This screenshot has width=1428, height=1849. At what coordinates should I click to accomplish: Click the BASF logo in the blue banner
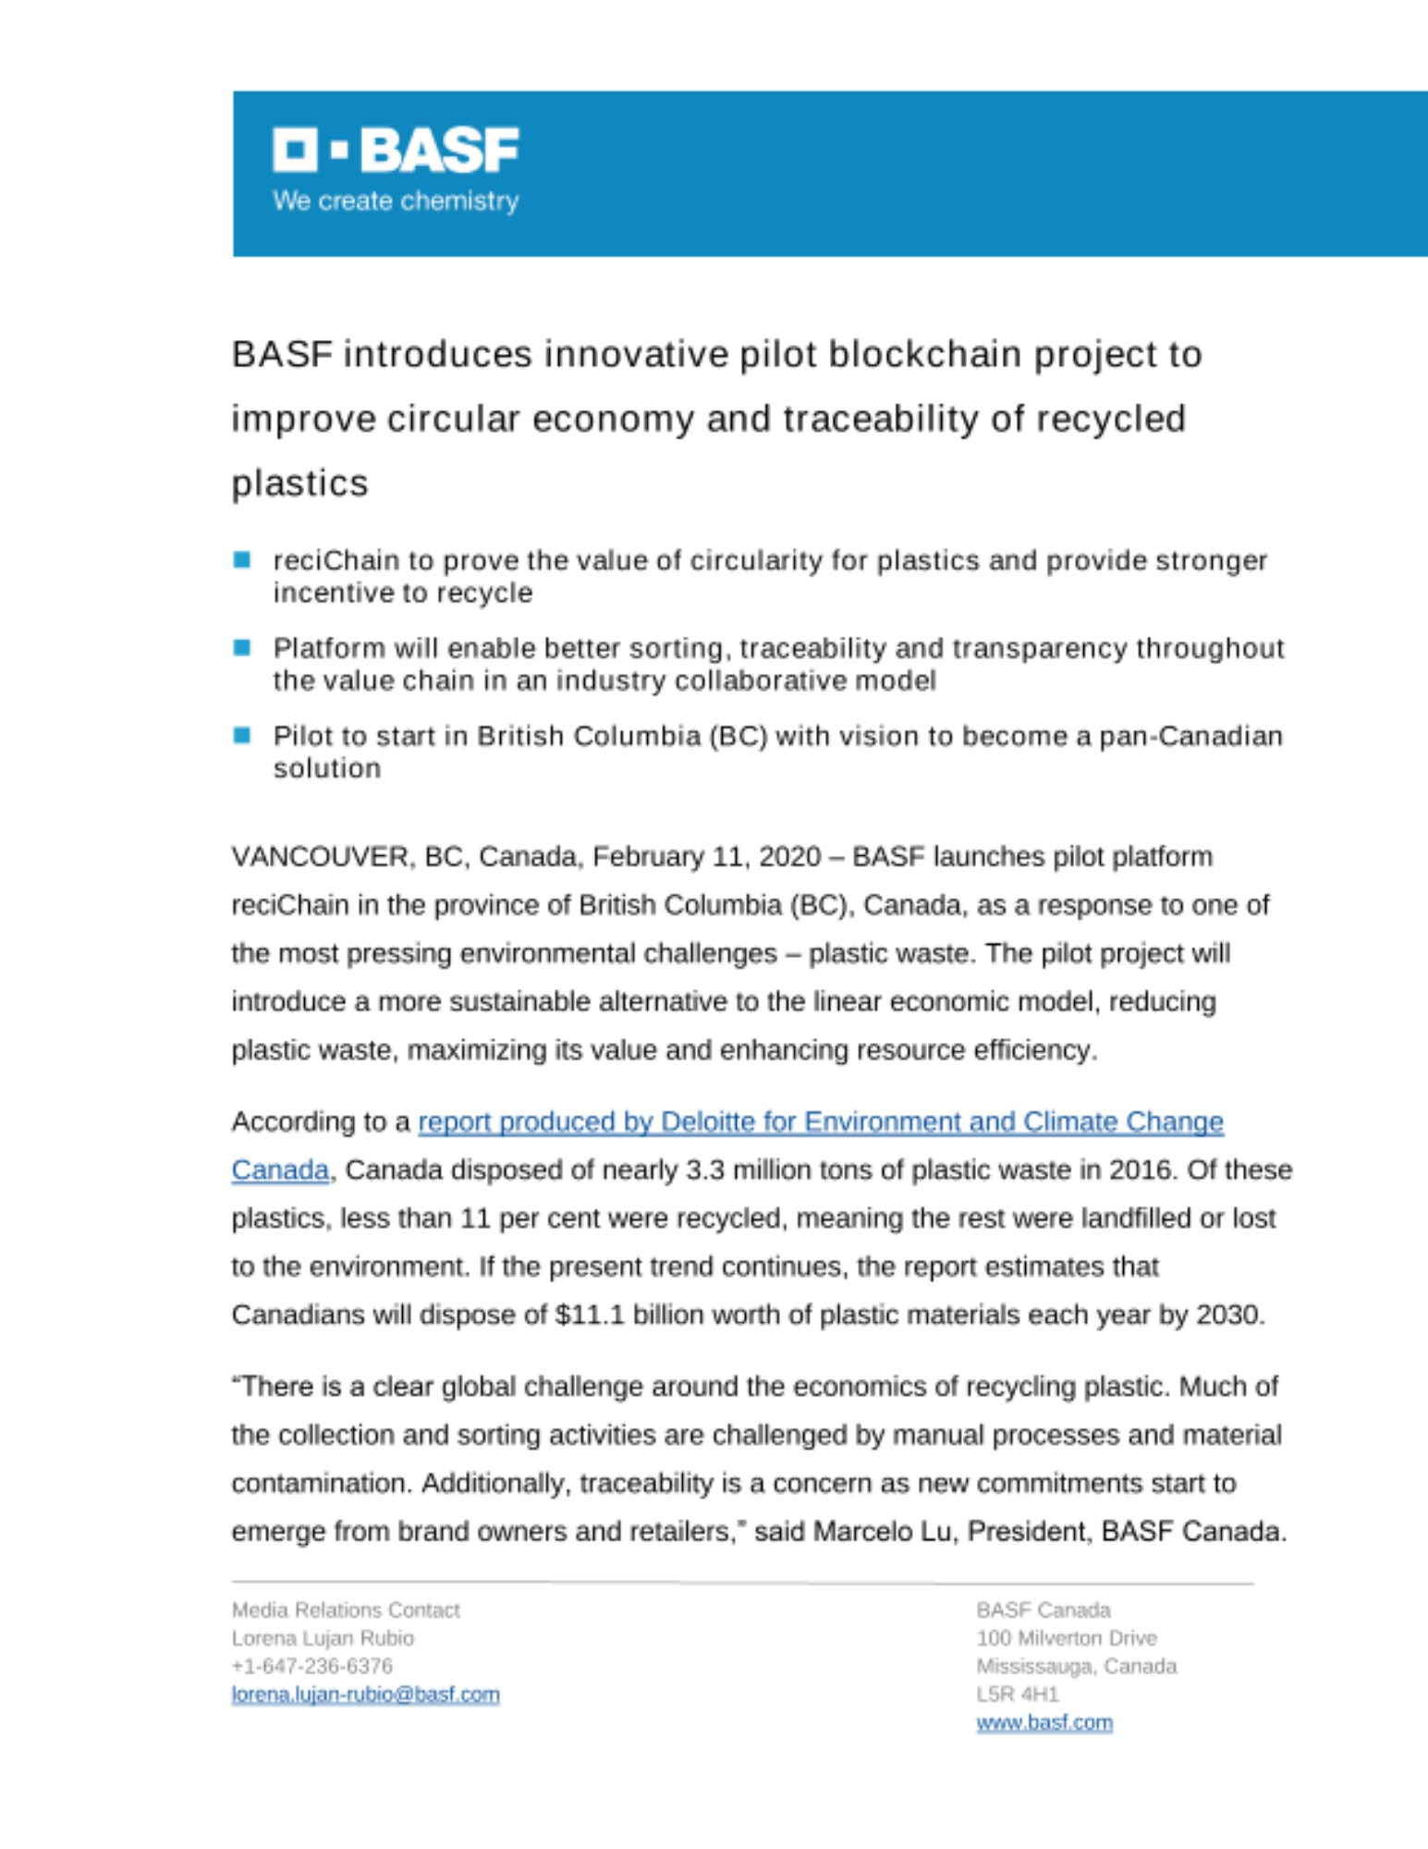click(x=396, y=150)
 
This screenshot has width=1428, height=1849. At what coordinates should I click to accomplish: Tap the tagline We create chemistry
click(x=396, y=201)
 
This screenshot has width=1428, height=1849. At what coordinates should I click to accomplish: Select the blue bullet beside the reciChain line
click(x=242, y=559)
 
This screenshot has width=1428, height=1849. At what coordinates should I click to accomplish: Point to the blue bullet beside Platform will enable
click(x=242, y=647)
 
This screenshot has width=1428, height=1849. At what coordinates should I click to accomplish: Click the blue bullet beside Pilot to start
click(x=242, y=735)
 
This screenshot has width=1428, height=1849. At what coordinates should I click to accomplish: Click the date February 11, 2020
click(x=706, y=857)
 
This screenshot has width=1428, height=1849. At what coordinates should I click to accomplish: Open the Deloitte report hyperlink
click(x=820, y=1122)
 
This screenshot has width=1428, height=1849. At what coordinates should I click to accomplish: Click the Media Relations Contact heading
click(x=346, y=1610)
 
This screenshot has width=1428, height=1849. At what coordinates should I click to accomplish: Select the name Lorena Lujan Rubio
click(x=323, y=1638)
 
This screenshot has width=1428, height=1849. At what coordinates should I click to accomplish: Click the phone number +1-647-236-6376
click(x=312, y=1666)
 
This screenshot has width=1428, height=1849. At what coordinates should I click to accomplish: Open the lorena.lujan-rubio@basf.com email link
click(x=365, y=1695)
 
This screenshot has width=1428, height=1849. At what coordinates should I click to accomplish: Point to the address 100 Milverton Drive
click(x=1067, y=1638)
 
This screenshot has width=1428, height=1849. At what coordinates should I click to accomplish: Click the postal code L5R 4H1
click(x=1018, y=1695)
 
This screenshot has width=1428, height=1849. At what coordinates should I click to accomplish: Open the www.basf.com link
click(x=1044, y=1722)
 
